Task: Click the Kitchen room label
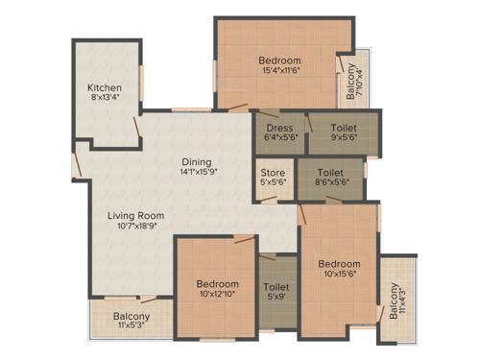click(105, 87)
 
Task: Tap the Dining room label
click(195, 162)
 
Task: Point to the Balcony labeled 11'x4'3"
click(397, 301)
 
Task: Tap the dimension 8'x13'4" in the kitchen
click(105, 98)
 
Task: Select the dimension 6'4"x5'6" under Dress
click(279, 136)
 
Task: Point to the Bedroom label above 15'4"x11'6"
click(281, 60)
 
